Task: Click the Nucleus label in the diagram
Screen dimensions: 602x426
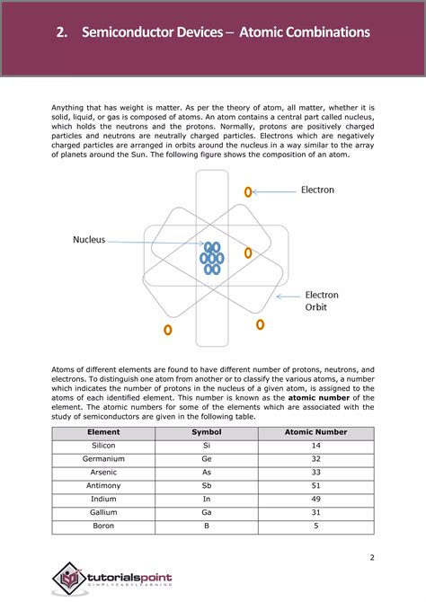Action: [x=89, y=240]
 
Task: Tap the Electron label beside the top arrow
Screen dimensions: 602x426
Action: [x=317, y=190]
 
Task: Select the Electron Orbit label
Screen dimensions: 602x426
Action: [x=321, y=301]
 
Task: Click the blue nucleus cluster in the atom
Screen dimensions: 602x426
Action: [x=212, y=258]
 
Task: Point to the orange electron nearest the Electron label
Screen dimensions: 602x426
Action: [x=249, y=191]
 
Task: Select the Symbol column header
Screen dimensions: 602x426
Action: [x=206, y=433]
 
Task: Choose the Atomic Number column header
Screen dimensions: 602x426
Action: [x=315, y=433]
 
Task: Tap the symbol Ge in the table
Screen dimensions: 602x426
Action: [x=206, y=459]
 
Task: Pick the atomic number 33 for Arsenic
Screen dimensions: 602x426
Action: [x=315, y=473]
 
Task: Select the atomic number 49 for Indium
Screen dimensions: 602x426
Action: [x=315, y=500]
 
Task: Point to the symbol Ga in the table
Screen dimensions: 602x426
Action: [x=206, y=513]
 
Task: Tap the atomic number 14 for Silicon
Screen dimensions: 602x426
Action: [x=315, y=447]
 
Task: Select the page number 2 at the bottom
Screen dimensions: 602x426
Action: [x=371, y=558]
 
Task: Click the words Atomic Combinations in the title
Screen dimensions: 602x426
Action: [x=308, y=32]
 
